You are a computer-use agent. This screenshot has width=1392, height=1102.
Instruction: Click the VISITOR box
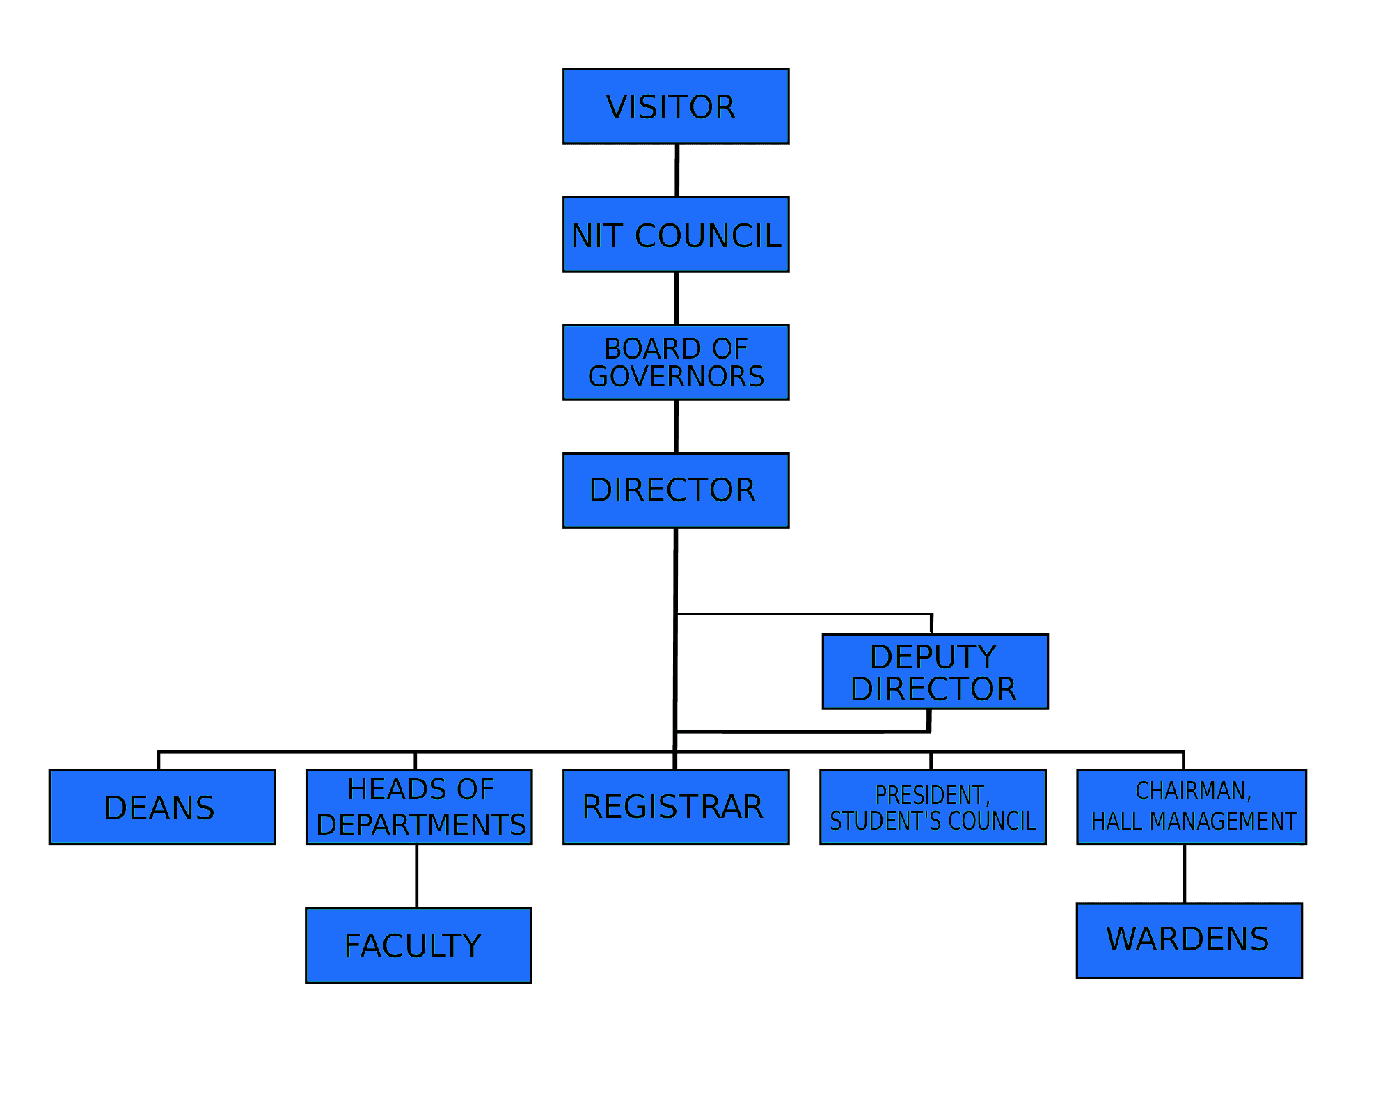point(676,107)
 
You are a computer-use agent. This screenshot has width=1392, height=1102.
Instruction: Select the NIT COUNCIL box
point(676,235)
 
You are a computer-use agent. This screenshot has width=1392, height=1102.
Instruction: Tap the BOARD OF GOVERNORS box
point(676,363)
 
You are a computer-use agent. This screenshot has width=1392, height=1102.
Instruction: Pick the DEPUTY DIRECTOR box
point(935,672)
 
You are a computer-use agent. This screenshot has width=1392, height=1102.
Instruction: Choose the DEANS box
point(162,807)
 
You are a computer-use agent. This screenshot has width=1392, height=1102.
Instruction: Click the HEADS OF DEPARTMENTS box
point(419,807)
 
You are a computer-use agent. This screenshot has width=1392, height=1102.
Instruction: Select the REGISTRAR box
point(676,807)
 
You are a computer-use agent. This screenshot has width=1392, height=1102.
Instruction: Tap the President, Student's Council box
point(933,807)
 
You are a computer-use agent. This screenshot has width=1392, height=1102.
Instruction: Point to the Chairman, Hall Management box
point(1192,807)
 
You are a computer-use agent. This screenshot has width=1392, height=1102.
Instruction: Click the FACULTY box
point(418,945)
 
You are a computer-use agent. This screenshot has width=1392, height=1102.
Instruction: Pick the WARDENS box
point(1189,940)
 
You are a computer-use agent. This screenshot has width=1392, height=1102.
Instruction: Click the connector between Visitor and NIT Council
point(677,171)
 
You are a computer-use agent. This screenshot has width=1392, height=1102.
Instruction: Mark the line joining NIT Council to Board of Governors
point(676,299)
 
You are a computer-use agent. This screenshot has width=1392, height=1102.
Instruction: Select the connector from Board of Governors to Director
point(676,427)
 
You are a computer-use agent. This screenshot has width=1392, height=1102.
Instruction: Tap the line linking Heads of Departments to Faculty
point(417,876)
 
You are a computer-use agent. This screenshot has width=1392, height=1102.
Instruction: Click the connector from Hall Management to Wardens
point(1185,874)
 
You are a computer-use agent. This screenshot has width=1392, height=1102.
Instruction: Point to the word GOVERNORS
point(676,377)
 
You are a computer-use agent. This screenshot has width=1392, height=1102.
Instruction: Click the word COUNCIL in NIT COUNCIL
point(708,235)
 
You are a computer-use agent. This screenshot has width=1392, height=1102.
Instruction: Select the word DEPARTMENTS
point(421,824)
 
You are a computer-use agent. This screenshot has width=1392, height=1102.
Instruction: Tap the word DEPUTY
point(933,656)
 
